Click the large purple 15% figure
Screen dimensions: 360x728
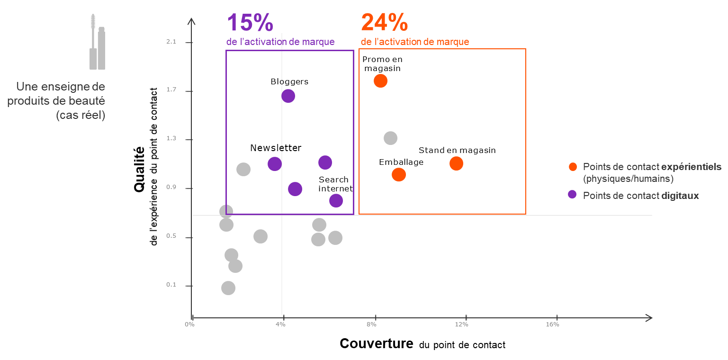coord(250,23)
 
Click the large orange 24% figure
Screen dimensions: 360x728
coord(384,23)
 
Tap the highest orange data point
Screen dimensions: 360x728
coord(380,81)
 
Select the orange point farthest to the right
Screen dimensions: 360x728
coord(456,163)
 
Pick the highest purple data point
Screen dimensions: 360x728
coord(288,96)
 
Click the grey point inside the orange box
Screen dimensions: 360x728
coord(390,138)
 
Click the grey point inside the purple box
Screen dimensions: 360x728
coord(243,169)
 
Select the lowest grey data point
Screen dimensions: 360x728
coord(228,288)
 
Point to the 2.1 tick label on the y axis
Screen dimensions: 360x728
coord(171,42)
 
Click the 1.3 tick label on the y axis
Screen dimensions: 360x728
coord(171,139)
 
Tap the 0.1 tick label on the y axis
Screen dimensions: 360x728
coord(171,285)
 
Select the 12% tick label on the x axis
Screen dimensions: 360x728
coord(461,324)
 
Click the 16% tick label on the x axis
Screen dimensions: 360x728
coord(552,324)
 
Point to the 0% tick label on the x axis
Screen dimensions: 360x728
coord(189,324)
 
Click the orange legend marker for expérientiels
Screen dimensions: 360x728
coord(573,167)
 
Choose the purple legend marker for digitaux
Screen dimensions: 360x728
coord(572,194)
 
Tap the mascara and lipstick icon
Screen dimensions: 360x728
coord(97,43)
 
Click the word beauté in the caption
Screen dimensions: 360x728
coord(89,101)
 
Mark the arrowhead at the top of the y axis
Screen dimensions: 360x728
coord(191,21)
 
